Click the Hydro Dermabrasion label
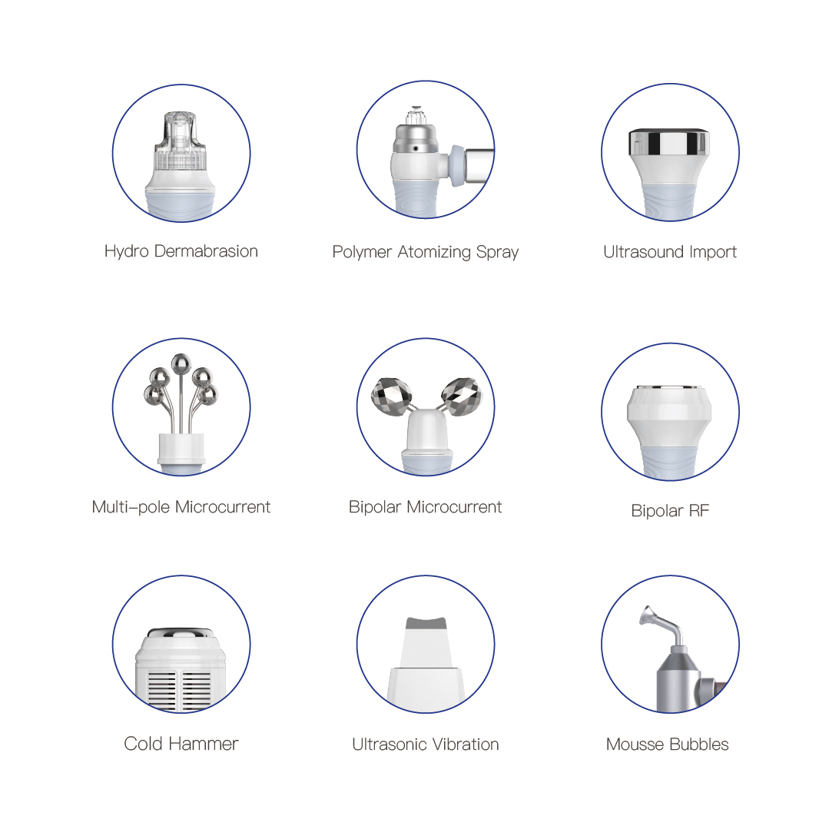pos(181,251)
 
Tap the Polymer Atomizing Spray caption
pos(425,252)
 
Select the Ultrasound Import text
pos(670,252)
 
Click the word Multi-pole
pos(131,507)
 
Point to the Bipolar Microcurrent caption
pos(425,507)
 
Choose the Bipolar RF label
pos(670,511)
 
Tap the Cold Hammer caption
pos(181,744)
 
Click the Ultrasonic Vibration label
pos(425,744)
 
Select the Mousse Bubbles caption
pos(667,744)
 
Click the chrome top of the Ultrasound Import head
pos(669,141)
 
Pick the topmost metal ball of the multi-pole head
pos(181,362)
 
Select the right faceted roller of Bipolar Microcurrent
pos(459,394)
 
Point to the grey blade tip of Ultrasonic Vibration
pos(426,623)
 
